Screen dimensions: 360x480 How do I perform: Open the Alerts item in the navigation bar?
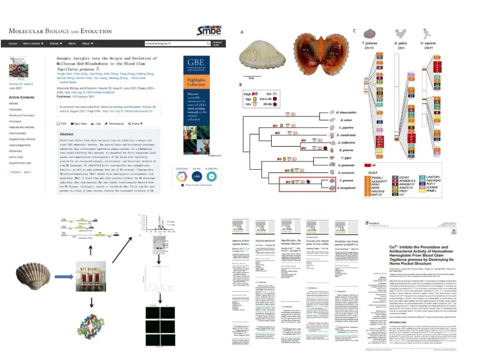click(x=72, y=44)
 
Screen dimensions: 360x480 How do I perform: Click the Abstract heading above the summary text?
click(x=67, y=134)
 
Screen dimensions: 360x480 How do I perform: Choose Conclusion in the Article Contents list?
click(x=15, y=121)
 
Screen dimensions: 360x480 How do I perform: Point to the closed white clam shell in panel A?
click(x=258, y=55)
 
